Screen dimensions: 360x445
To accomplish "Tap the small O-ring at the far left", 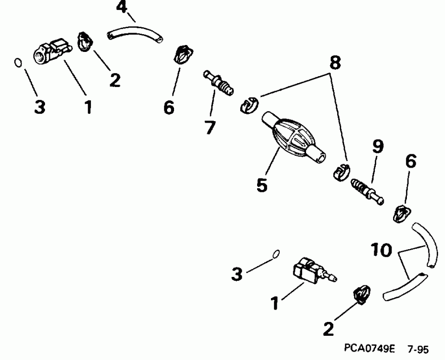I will click(x=18, y=62).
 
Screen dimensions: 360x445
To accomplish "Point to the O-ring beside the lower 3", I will click(x=276, y=254).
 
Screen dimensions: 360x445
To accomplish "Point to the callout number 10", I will click(x=380, y=250).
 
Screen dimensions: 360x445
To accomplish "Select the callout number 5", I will click(x=262, y=185).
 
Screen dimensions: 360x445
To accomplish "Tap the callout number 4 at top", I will click(x=121, y=7).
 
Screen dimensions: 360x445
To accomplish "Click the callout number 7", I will click(x=210, y=128).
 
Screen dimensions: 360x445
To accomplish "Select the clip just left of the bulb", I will click(x=249, y=105).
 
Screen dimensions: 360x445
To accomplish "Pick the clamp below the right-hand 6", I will click(x=401, y=214).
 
